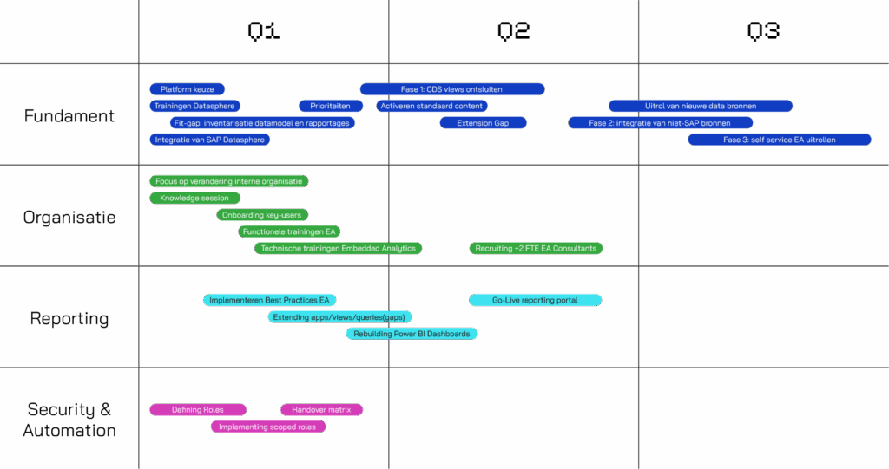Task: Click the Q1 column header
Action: pyautogui.click(x=264, y=32)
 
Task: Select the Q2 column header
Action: pyautogui.click(x=513, y=32)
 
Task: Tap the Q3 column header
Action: pyautogui.click(x=763, y=32)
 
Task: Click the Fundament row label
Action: pyautogui.click(x=69, y=115)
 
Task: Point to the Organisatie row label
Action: pyautogui.click(x=69, y=217)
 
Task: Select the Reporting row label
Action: pyautogui.click(x=69, y=318)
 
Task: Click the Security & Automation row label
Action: pyautogui.click(x=69, y=420)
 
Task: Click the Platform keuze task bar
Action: pyautogui.click(x=188, y=89)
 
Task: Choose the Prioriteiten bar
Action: pyautogui.click(x=330, y=106)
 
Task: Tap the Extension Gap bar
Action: pyautogui.click(x=484, y=123)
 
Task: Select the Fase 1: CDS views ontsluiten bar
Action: pyautogui.click(x=451, y=89)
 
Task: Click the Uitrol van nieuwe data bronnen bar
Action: pyautogui.click(x=701, y=106)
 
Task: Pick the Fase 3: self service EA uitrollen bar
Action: pyautogui.click(x=780, y=140)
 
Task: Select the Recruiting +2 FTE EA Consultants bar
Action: pyautogui.click(x=536, y=249)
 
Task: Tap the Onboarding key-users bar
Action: pyautogui.click(x=263, y=215)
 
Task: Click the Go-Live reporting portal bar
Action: pyautogui.click(x=535, y=300)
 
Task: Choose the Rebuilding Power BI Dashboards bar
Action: pyautogui.click(x=412, y=334)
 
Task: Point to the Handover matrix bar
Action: pyautogui.click(x=321, y=409)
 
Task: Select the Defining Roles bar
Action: pyautogui.click(x=198, y=409)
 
